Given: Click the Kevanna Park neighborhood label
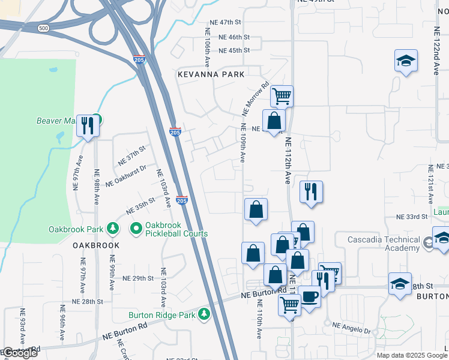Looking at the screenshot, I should (x=211, y=74).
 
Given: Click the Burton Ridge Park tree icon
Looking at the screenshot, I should (x=204, y=314).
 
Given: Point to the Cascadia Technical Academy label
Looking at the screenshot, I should (x=384, y=244).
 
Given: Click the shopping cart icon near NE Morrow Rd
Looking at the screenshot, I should (x=281, y=95).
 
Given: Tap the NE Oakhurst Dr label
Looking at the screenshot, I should (x=126, y=176).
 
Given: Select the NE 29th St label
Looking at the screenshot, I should (x=139, y=278).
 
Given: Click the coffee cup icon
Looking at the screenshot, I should (x=310, y=297).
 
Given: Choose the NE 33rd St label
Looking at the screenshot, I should (x=411, y=216).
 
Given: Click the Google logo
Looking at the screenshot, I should (x=20, y=353).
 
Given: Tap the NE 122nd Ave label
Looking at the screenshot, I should (x=436, y=59).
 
